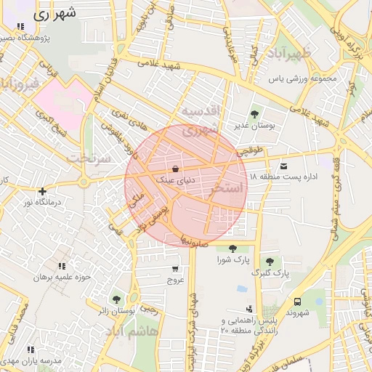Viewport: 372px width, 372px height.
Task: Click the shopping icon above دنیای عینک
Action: [x=169, y=168]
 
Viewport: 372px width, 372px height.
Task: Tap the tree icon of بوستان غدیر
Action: [x=254, y=114]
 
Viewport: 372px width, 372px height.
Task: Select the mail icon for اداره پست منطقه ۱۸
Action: [x=283, y=166]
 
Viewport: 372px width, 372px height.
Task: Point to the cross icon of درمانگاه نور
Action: [x=43, y=191]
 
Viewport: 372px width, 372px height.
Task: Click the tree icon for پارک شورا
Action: [x=232, y=248]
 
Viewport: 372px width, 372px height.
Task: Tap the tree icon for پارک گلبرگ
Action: [x=270, y=262]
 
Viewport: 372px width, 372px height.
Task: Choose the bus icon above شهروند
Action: [x=297, y=302]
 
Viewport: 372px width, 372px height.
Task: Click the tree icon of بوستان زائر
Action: [x=116, y=299]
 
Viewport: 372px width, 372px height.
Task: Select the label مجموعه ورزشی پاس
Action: [x=304, y=78]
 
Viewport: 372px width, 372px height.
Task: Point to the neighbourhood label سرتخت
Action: [x=89, y=158]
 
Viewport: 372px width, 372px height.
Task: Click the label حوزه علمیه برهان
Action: [x=61, y=278]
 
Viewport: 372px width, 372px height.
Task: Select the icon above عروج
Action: [x=176, y=267]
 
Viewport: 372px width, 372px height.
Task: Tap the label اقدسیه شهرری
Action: [x=200, y=121]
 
